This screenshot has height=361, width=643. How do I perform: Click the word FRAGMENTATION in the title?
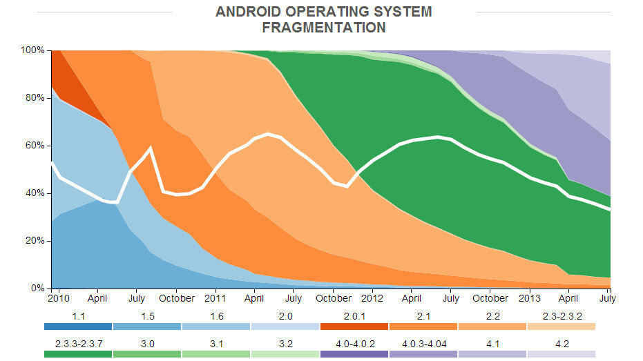pyautogui.click(x=323, y=28)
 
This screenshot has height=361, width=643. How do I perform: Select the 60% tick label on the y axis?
pyautogui.click(x=35, y=146)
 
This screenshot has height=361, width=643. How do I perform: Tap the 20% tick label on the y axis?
pyautogui.click(x=35, y=241)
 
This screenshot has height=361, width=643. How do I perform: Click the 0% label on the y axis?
pyautogui.click(x=37, y=288)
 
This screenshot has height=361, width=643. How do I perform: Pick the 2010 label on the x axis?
pyautogui.click(x=59, y=299)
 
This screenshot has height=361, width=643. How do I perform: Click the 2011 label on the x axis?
pyautogui.click(x=215, y=299)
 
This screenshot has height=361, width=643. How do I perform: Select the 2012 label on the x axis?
pyautogui.click(x=372, y=299)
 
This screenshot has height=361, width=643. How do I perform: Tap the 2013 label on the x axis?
pyautogui.click(x=529, y=299)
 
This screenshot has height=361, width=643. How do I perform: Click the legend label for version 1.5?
pyautogui.click(x=147, y=315)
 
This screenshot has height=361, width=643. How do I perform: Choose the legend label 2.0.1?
pyautogui.click(x=354, y=315)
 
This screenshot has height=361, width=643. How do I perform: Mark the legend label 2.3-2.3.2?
pyautogui.click(x=561, y=315)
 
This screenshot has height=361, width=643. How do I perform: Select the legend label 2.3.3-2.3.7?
pyautogui.click(x=77, y=342)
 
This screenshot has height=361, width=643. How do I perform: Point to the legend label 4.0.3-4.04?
pyautogui.click(x=423, y=342)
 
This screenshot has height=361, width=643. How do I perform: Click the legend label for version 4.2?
pyautogui.click(x=561, y=342)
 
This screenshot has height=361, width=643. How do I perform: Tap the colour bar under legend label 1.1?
pyautogui.click(x=77, y=326)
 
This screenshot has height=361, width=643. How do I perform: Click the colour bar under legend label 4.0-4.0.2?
pyautogui.click(x=354, y=353)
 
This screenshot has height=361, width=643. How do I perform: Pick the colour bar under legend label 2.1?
pyautogui.click(x=423, y=326)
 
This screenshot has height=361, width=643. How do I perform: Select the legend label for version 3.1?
pyautogui.click(x=216, y=342)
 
